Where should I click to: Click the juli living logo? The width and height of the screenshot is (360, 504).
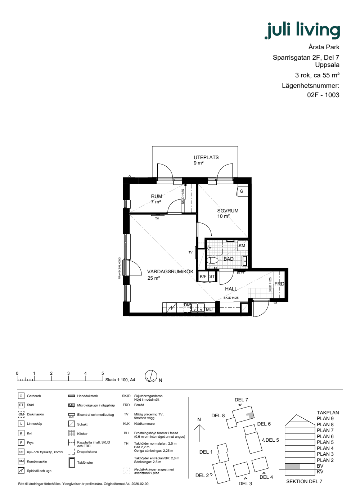click(302, 30)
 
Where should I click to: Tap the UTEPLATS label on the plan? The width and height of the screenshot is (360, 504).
click(206, 158)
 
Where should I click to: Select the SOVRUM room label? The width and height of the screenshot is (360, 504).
click(228, 211)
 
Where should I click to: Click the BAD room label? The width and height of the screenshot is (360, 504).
click(228, 259)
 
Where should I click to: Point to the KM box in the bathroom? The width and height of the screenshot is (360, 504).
click(242, 246)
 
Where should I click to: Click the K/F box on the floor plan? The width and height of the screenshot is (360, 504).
click(203, 276)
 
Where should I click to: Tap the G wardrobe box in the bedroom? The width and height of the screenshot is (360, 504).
click(242, 191)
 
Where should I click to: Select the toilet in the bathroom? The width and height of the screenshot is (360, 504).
click(213, 261)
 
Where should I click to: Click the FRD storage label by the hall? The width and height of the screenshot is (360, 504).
click(279, 284)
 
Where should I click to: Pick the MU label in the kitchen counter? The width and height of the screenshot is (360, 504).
click(209, 310)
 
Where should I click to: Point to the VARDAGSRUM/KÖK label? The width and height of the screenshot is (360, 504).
click(170, 271)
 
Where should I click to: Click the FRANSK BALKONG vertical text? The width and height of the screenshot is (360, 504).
click(120, 268)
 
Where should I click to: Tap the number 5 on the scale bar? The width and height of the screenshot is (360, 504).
click(103, 373)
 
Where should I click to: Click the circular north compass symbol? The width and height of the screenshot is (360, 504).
click(151, 376)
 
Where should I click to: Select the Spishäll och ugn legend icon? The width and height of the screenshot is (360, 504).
click(21, 471)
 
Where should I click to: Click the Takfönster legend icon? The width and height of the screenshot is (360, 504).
click(72, 463)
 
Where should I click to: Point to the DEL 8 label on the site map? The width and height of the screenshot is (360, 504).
click(218, 415)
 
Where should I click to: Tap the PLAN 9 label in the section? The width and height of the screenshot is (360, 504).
click(325, 418)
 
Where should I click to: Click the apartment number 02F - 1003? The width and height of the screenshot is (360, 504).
click(323, 95)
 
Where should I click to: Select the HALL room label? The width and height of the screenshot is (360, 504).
click(231, 289)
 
